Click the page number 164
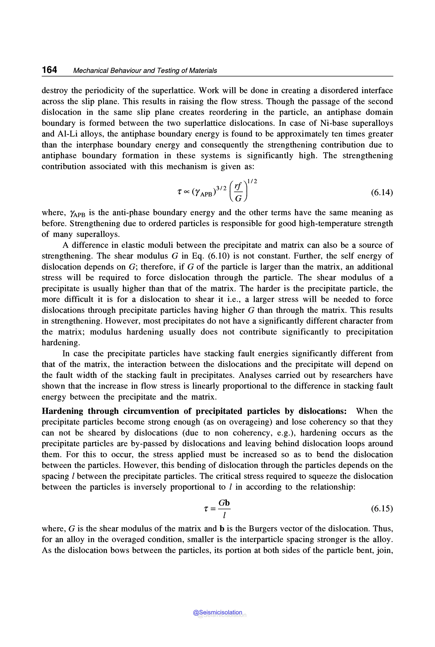(x=49, y=70)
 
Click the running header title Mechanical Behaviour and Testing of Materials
(x=145, y=71)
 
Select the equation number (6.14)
(x=382, y=192)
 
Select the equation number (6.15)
(x=382, y=508)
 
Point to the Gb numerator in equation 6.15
(x=224, y=502)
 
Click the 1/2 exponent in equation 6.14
(x=252, y=182)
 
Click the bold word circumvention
(x=151, y=411)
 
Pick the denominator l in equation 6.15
(x=224, y=515)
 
